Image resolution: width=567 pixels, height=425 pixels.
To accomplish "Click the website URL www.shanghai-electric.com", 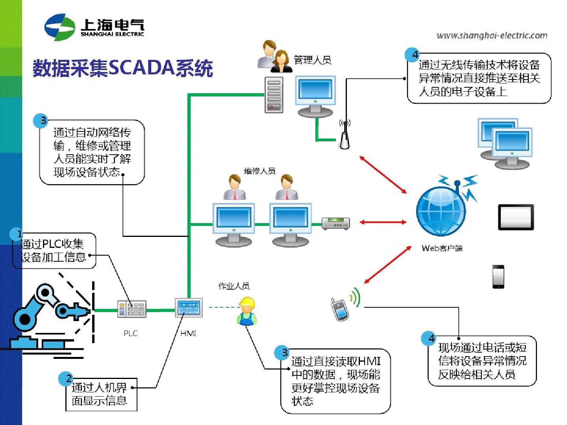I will (x=492, y=35).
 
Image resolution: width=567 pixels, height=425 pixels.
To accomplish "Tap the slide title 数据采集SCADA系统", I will (x=123, y=68).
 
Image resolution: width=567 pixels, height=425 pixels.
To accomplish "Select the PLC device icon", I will (x=132, y=309).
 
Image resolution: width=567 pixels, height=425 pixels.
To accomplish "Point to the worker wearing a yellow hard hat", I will (x=247, y=311).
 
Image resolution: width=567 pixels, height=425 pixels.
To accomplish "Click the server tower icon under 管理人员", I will (x=274, y=95).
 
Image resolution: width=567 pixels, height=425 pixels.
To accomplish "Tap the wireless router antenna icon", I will (x=345, y=135).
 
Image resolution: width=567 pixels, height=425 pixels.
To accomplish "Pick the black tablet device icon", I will (x=516, y=217).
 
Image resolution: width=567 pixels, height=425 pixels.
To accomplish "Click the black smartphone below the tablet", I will (x=498, y=277).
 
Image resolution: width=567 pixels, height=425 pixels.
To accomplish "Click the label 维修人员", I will (x=259, y=171).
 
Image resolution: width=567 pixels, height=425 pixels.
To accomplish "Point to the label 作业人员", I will (x=234, y=286).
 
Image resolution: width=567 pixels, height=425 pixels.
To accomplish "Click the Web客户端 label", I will (x=442, y=248).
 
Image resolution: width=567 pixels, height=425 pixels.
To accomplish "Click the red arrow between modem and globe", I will (x=383, y=222).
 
